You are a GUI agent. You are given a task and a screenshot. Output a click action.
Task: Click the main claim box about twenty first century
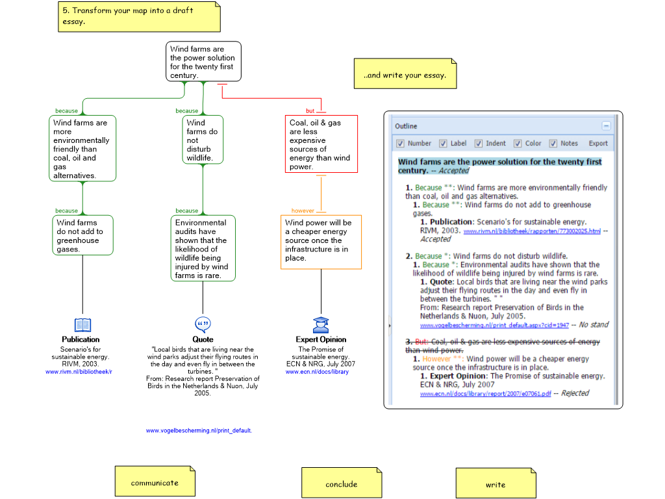pyautogui.click(x=203, y=62)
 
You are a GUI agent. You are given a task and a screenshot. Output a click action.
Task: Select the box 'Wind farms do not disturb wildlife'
pyautogui.click(x=203, y=140)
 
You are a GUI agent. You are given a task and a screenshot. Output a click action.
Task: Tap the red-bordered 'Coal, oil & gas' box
pyautogui.click(x=321, y=144)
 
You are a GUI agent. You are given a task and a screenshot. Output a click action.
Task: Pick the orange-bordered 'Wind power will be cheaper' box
pyautogui.click(x=321, y=241)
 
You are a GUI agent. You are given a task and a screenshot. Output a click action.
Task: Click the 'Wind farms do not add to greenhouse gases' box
pyautogui.click(x=82, y=236)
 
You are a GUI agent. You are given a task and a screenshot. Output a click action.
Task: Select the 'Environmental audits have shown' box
pyautogui.click(x=203, y=249)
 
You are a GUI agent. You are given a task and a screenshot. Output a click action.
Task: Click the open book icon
pyautogui.click(x=82, y=325)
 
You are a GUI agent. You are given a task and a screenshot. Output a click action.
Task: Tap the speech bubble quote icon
pyautogui.click(x=203, y=324)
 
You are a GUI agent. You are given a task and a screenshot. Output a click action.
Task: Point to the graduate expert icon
pyautogui.click(x=320, y=325)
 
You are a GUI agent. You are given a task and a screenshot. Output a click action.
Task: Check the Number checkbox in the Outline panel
pyautogui.click(x=400, y=144)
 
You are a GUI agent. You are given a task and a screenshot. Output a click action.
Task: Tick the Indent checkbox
pyautogui.click(x=478, y=144)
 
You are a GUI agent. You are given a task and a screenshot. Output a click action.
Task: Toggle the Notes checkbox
pyautogui.click(x=553, y=144)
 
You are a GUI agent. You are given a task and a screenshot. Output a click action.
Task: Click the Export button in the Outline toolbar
pyautogui.click(x=598, y=144)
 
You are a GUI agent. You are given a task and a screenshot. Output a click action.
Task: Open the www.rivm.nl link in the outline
pyautogui.click(x=531, y=231)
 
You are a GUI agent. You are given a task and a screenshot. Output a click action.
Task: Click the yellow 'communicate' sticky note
pyautogui.click(x=155, y=483)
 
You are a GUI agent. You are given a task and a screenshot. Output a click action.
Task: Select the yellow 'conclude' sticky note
pyautogui.click(x=341, y=484)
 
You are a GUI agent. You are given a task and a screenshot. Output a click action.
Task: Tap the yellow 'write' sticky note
pyautogui.click(x=496, y=485)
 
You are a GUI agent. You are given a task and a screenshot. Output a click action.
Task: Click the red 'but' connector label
pyautogui.click(x=310, y=111)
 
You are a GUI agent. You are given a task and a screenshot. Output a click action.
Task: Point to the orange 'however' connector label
pyautogui.click(x=303, y=211)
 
